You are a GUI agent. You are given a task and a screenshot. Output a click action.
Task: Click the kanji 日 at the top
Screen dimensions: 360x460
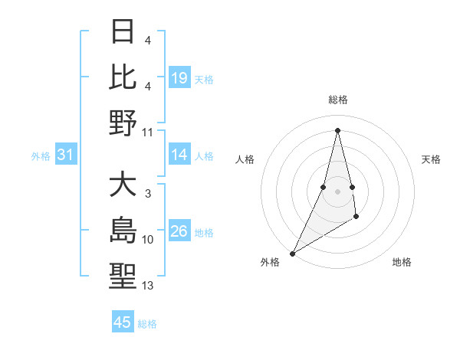(x=123, y=32)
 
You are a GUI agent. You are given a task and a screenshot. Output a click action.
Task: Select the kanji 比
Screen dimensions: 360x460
(x=123, y=77)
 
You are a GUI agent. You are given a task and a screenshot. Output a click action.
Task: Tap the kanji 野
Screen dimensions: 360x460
(x=123, y=123)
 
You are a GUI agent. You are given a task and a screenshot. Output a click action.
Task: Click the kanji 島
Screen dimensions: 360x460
(x=123, y=231)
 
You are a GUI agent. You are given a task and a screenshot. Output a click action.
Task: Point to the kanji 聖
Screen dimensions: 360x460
(x=123, y=277)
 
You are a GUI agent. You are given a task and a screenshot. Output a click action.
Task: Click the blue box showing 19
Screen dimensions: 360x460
(x=179, y=78)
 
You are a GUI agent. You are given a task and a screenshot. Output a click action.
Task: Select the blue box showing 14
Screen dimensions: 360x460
(x=179, y=155)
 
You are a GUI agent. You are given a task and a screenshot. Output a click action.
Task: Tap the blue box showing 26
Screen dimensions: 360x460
(x=179, y=231)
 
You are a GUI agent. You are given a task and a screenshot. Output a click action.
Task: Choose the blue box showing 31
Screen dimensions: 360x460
(x=66, y=155)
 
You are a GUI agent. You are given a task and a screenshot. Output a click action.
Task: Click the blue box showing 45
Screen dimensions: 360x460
(x=123, y=322)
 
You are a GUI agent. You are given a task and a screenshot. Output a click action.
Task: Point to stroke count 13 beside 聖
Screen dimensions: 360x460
(x=148, y=286)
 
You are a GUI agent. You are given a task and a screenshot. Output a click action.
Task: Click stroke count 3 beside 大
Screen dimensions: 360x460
(x=148, y=194)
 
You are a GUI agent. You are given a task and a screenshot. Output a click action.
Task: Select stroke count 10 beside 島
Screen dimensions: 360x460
(x=148, y=240)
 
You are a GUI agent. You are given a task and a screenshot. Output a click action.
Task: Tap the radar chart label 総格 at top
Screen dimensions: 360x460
(x=337, y=100)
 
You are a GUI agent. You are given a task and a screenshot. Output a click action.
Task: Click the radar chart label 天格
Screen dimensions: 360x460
(x=431, y=159)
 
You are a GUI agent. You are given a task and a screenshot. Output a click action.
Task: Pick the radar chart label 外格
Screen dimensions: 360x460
(x=270, y=262)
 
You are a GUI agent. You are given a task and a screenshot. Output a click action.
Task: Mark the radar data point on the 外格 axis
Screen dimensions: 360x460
(x=292, y=253)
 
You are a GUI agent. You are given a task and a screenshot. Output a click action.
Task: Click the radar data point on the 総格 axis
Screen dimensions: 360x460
(x=337, y=129)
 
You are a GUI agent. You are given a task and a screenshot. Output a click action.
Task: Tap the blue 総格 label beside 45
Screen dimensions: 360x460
(x=147, y=324)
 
